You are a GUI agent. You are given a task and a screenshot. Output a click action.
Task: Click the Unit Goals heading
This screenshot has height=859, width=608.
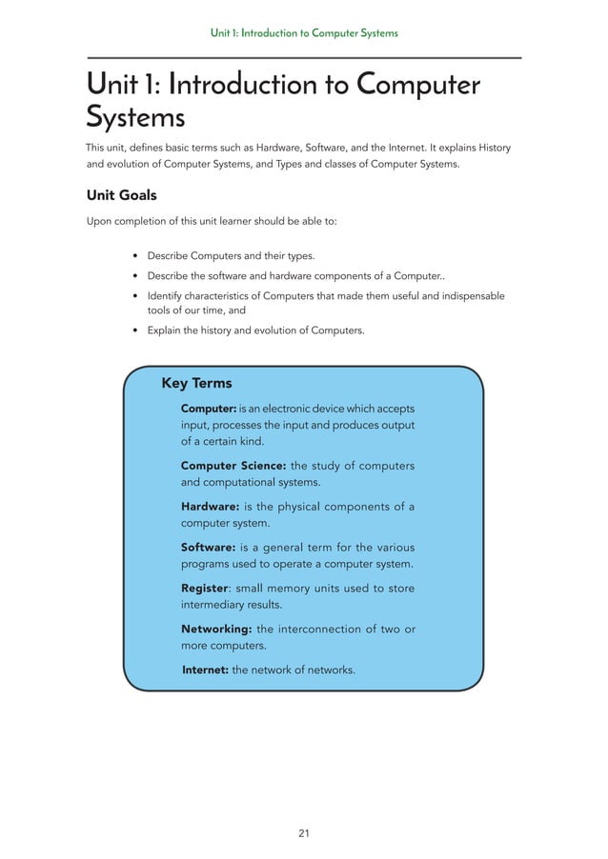click(121, 195)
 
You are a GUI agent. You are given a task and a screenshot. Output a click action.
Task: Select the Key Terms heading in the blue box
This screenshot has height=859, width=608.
click(196, 383)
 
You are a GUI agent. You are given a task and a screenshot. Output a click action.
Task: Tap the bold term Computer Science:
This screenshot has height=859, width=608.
click(233, 465)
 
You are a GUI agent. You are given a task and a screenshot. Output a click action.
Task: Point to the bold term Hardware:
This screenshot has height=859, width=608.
click(210, 507)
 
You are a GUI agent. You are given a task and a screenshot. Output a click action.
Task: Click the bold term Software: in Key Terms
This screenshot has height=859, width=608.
click(207, 547)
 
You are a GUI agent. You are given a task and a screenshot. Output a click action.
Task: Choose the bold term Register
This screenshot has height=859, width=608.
click(204, 588)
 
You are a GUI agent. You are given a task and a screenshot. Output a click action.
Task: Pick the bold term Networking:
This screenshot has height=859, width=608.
click(216, 629)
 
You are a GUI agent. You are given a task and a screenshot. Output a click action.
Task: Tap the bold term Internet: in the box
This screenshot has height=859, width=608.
click(205, 669)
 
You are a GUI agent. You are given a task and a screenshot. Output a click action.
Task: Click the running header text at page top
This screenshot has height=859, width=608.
click(304, 33)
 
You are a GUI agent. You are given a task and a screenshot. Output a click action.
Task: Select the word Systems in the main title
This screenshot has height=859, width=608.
click(135, 119)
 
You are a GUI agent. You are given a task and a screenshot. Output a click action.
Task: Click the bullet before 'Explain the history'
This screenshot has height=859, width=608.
click(136, 331)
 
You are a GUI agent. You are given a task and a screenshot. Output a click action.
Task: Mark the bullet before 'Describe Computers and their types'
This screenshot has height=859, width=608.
click(136, 257)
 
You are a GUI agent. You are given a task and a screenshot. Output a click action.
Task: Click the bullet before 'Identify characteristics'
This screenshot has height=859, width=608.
click(136, 296)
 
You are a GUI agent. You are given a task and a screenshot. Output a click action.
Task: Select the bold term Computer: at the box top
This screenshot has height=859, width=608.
click(209, 409)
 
